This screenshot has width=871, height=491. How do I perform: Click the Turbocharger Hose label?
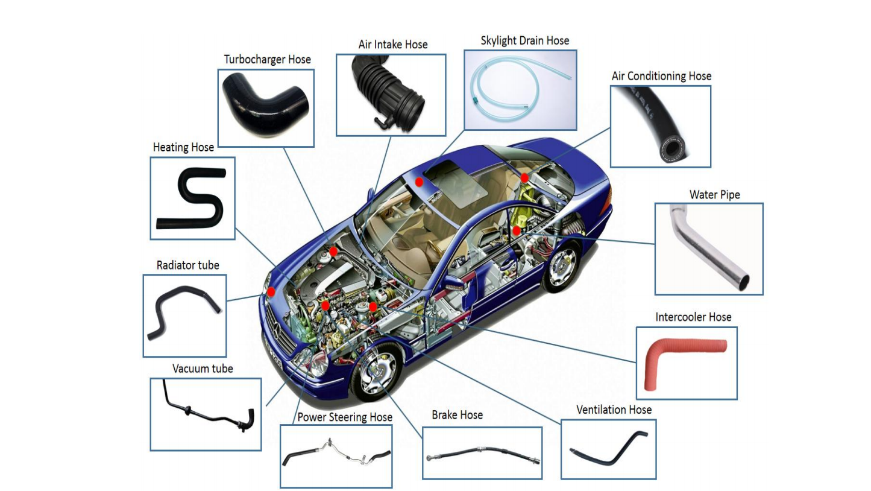point(267,60)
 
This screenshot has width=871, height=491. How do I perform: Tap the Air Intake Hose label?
point(393,45)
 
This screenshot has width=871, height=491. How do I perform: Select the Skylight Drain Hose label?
point(524,41)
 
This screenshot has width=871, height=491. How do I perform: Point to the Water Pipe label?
point(714,195)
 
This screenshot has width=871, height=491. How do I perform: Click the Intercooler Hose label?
point(693,317)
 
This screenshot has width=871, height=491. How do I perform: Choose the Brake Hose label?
point(458,415)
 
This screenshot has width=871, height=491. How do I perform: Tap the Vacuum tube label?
point(203,369)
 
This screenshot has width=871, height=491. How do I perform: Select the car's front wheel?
point(376,372)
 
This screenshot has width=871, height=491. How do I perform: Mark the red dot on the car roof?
point(419,182)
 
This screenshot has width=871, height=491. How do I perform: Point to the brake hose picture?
point(483,454)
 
